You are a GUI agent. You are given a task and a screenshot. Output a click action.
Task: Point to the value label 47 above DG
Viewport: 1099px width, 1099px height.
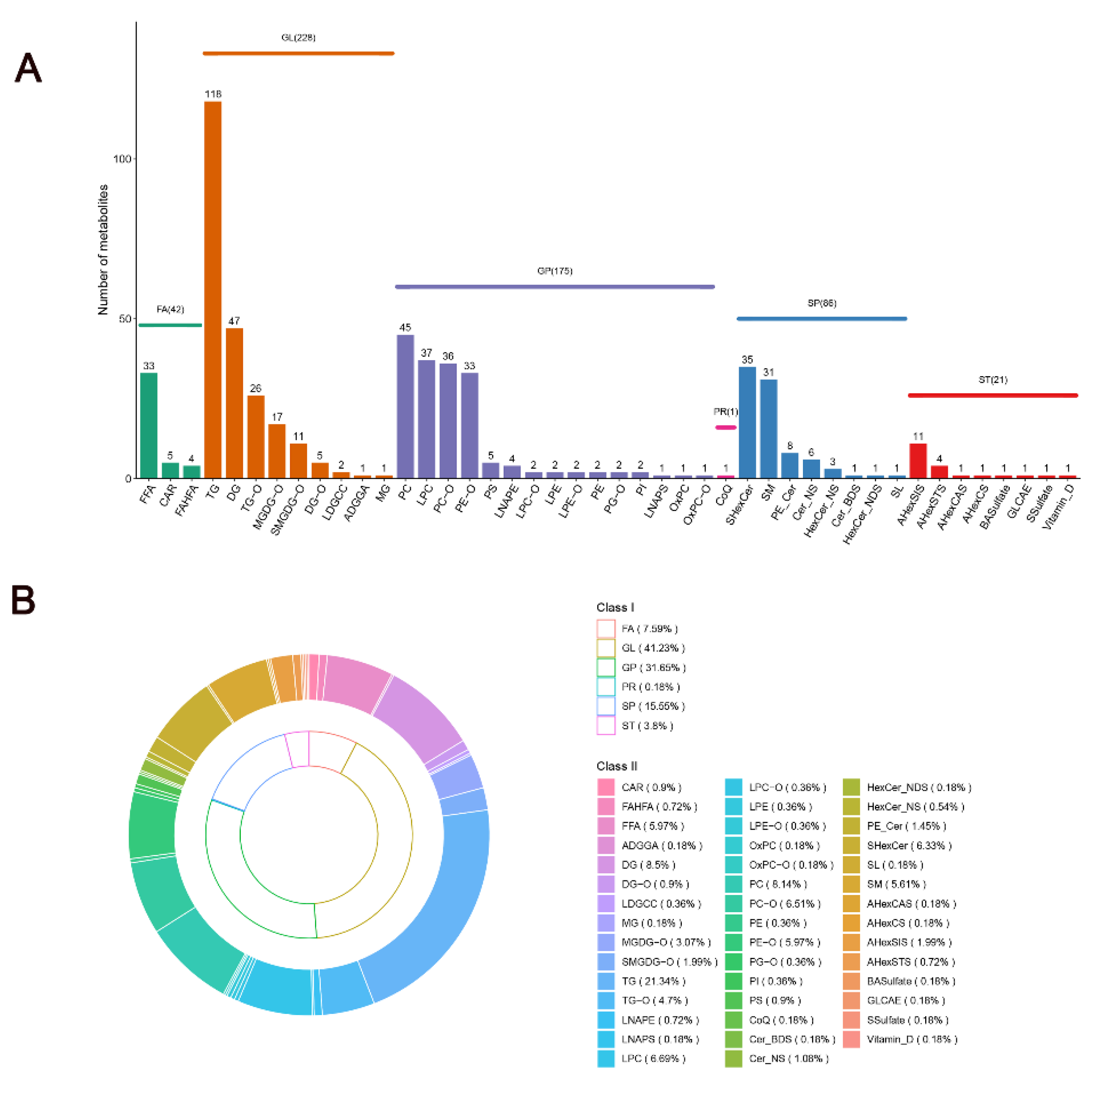234,321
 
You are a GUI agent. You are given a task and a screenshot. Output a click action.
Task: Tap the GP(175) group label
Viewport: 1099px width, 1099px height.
555,271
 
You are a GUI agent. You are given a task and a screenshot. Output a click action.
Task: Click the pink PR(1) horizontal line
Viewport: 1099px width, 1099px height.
726,427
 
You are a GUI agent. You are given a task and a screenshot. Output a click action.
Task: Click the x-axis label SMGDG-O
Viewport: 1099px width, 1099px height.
285,509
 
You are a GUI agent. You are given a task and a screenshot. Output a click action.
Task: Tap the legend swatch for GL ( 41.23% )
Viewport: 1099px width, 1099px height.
606,648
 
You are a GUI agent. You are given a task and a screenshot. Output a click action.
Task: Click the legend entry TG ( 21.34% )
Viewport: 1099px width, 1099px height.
653,981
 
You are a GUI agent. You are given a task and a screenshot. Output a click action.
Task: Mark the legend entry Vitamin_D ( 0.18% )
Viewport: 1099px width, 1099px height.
912,1039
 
